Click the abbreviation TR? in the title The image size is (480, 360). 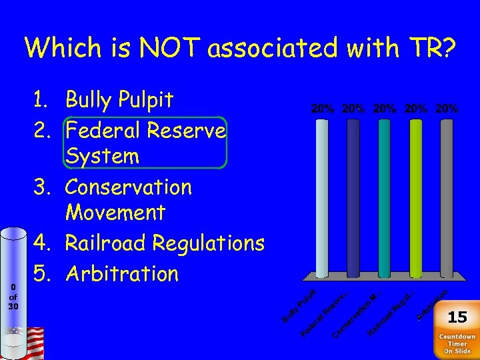coord(423,47)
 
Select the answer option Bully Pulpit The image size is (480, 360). coord(119,100)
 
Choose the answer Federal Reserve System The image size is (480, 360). coord(145,143)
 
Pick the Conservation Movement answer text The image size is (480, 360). coord(128,199)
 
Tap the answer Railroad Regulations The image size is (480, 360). coord(165,243)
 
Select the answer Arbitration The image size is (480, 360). coord(122,273)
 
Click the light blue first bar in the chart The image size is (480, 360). coord(323,197)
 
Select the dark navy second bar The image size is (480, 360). coord(353,197)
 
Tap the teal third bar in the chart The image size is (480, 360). coord(384,197)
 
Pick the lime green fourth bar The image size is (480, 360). coord(415,197)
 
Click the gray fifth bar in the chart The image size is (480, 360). coord(446,197)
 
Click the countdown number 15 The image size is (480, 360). coord(457,317)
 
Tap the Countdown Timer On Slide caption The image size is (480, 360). coord(457,343)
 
